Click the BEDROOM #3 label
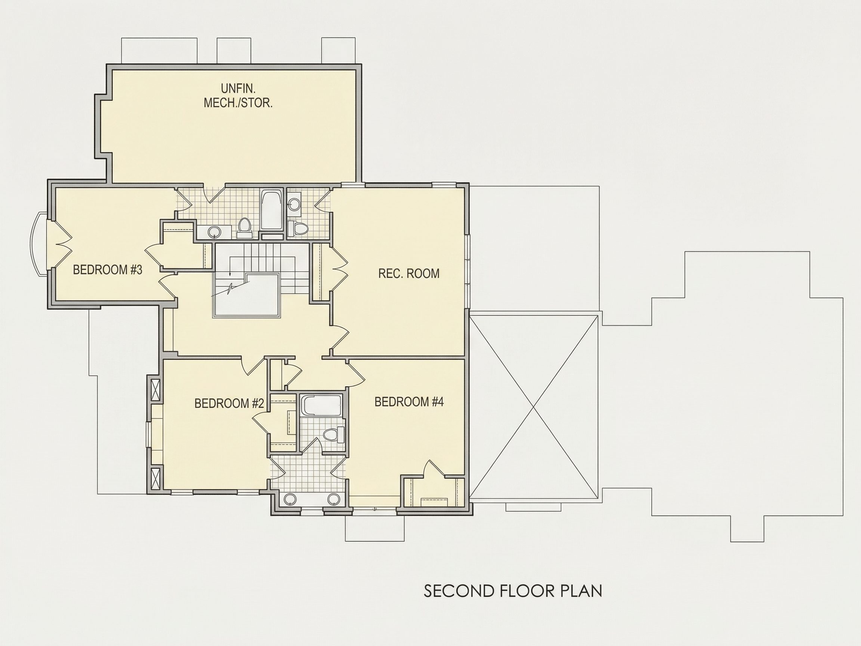click(107, 270)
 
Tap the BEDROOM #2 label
click(229, 403)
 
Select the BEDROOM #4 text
click(409, 402)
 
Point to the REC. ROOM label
click(409, 273)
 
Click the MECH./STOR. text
click(238, 103)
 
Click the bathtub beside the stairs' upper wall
click(272, 209)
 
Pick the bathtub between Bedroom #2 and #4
click(321, 405)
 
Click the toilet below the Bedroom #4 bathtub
click(334, 434)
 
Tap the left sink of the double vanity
click(290, 499)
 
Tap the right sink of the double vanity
click(334, 499)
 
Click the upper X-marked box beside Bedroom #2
click(155, 389)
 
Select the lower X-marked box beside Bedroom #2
click(155, 479)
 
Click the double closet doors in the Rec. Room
click(338, 268)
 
